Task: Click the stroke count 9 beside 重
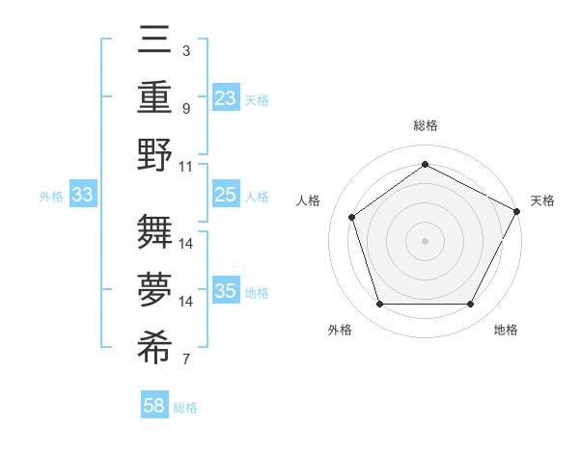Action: point(185,108)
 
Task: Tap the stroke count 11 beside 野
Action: point(186,165)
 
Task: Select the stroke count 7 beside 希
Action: point(185,360)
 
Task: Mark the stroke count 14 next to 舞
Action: point(186,244)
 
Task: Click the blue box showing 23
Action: point(225,98)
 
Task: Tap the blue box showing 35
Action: point(225,291)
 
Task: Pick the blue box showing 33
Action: point(82,196)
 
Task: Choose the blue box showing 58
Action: point(154,407)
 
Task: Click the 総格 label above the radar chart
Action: point(425,125)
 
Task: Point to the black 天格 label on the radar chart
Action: point(542,200)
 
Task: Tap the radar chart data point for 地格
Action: point(470,305)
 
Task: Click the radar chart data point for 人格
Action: point(352,217)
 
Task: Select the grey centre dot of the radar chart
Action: point(425,241)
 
